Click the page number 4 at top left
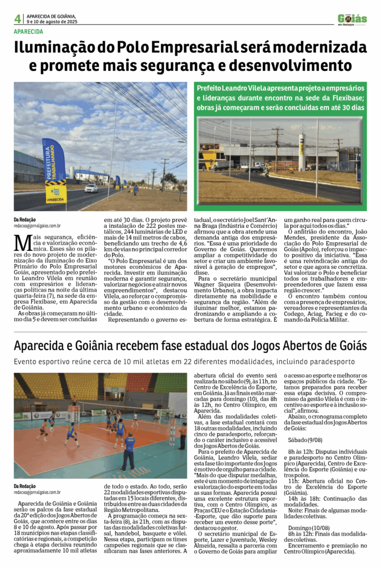pos(18,19)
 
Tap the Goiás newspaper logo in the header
pos(352,19)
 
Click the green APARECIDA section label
pos(28,31)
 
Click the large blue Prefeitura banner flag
pos(54,169)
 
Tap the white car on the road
pos(91,188)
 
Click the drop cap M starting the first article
pos(22,243)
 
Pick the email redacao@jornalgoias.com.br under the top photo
pos(37,226)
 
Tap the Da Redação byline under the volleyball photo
pos(26,486)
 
